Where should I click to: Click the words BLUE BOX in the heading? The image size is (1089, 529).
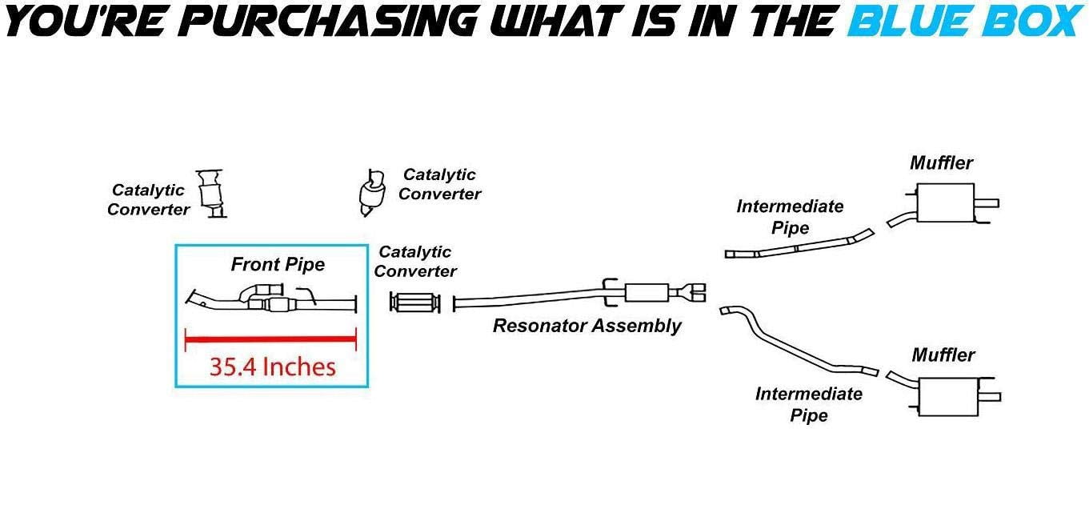pyautogui.click(x=966, y=22)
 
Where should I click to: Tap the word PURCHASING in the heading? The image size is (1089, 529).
pyautogui.click(x=331, y=22)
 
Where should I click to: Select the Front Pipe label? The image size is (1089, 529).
pyautogui.click(x=278, y=265)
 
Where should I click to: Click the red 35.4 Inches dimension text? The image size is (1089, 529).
pyautogui.click(x=272, y=367)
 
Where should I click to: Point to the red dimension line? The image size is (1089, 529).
pyautogui.click(x=270, y=339)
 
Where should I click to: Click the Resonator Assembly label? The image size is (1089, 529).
pyautogui.click(x=587, y=327)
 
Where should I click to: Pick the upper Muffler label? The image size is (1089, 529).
pyautogui.click(x=941, y=163)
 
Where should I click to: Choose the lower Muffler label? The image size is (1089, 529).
pyautogui.click(x=943, y=355)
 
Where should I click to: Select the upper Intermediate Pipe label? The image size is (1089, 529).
pyautogui.click(x=790, y=217)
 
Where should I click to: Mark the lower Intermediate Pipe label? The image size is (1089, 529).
pyautogui.click(x=808, y=404)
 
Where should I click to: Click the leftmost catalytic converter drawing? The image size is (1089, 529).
pyautogui.click(x=211, y=194)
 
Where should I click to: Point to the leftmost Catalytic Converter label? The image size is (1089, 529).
pyautogui.click(x=148, y=200)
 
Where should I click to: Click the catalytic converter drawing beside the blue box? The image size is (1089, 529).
pyautogui.click(x=414, y=303)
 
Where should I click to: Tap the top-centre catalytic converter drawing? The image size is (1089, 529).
pyautogui.click(x=372, y=193)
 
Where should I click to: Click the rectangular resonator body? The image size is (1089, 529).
pyautogui.click(x=646, y=293)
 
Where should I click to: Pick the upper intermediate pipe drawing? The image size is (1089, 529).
pyautogui.click(x=797, y=247)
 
